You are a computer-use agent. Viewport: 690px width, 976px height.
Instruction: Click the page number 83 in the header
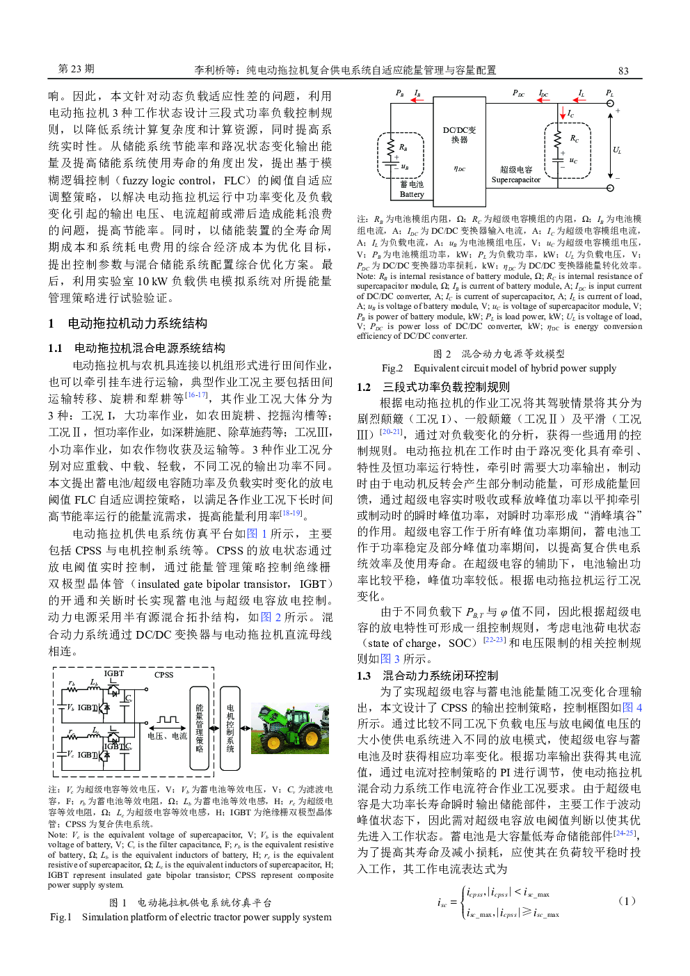click(x=623, y=70)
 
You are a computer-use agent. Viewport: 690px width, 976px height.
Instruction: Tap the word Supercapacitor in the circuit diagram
click(x=515, y=180)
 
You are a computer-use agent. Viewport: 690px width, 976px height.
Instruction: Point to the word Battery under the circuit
click(x=412, y=194)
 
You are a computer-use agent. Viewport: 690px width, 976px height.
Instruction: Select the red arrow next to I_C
click(x=563, y=112)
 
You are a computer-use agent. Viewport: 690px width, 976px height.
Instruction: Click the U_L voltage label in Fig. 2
click(x=616, y=150)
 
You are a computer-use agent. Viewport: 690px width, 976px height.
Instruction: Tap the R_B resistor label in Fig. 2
click(x=403, y=147)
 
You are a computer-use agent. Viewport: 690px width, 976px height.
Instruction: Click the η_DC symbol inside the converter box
click(x=459, y=168)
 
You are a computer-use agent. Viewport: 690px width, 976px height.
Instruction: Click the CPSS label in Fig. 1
click(x=164, y=675)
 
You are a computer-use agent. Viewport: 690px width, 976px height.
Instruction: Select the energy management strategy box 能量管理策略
click(x=199, y=728)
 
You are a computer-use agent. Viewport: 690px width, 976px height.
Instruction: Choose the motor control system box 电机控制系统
click(x=230, y=728)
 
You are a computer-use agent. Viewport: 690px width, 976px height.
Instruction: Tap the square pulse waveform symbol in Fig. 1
click(x=168, y=720)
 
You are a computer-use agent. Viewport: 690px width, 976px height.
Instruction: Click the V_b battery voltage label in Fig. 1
click(x=70, y=707)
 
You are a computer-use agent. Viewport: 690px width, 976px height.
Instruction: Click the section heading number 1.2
click(x=364, y=387)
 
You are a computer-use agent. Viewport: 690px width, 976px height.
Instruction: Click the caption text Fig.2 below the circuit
click(x=392, y=368)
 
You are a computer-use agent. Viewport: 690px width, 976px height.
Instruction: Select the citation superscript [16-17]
click(x=197, y=395)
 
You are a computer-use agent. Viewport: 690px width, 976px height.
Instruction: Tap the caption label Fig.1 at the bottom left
click(x=61, y=917)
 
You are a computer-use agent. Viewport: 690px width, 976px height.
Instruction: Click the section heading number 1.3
click(x=364, y=675)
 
